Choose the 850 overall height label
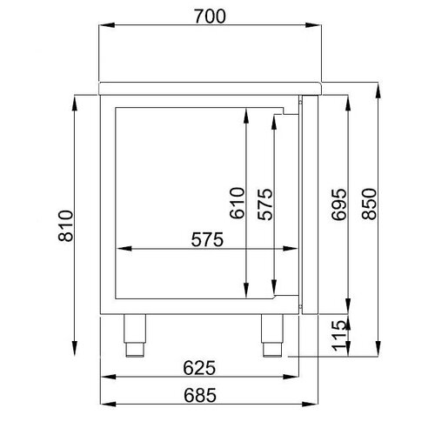tap(369, 203)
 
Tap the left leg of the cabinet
tap(135, 335)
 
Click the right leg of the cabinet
tap(273, 335)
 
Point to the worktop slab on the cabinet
tap(212, 85)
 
